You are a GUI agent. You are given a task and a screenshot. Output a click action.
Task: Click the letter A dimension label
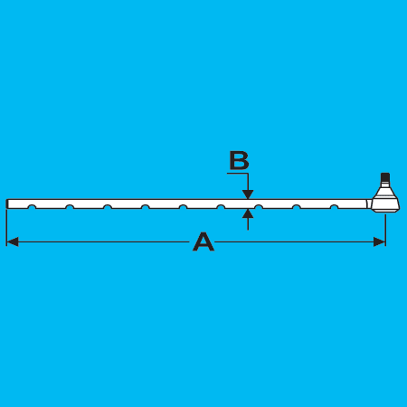click(203, 241)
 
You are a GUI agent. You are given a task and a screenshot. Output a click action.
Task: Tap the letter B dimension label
click(239, 160)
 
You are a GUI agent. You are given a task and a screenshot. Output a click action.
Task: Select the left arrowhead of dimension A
click(13, 241)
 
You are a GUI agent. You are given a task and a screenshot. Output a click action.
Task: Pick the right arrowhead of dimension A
click(379, 241)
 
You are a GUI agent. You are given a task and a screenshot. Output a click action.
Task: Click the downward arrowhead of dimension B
click(248, 194)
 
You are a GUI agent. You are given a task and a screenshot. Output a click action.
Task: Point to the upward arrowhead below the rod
click(248, 213)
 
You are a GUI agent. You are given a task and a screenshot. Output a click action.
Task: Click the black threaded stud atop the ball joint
click(385, 177)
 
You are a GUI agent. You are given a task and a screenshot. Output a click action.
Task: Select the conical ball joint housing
click(385, 201)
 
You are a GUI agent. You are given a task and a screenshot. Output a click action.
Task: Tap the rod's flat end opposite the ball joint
click(7, 203)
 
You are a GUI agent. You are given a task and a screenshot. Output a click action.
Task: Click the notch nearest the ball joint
click(334, 206)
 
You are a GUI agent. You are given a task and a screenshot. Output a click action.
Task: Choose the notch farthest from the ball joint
click(32, 206)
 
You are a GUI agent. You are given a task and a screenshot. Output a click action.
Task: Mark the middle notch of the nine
click(183, 206)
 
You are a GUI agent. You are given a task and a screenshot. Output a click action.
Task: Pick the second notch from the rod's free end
click(70, 206)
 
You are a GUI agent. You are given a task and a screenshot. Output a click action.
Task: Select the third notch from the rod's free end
click(108, 206)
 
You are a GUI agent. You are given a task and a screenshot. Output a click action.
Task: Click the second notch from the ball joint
click(297, 206)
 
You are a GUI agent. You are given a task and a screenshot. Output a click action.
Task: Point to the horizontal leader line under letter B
click(237, 174)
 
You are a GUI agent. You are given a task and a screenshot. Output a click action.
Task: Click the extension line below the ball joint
click(385, 230)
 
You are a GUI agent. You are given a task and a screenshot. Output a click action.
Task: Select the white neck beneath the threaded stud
click(385, 185)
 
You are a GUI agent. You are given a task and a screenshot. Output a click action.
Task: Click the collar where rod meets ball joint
click(369, 203)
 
